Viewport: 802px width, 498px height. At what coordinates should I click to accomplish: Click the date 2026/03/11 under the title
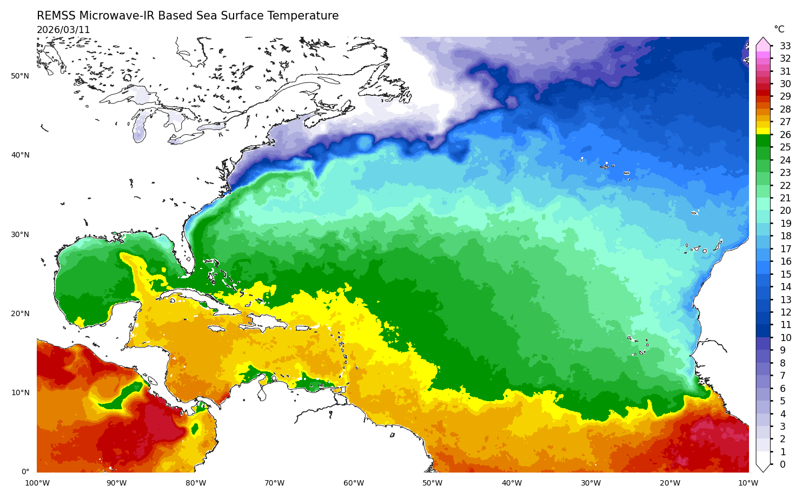(x=63, y=30)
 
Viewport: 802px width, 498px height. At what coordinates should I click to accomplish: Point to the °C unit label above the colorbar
(x=779, y=29)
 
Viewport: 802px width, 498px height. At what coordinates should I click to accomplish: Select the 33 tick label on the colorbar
(x=785, y=46)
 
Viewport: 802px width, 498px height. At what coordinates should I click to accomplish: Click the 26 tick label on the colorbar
(x=785, y=135)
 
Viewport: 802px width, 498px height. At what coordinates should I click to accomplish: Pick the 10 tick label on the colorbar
(x=785, y=338)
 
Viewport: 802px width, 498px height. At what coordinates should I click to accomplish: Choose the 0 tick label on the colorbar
(x=782, y=464)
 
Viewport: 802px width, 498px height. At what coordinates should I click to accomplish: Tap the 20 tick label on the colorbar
(x=785, y=211)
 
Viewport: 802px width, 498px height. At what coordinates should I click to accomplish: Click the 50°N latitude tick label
(x=20, y=76)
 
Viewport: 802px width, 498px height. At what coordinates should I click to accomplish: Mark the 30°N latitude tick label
(x=20, y=234)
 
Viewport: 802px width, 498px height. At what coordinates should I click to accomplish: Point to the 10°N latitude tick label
(x=20, y=392)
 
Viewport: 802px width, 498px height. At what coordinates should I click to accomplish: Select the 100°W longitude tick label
(x=37, y=483)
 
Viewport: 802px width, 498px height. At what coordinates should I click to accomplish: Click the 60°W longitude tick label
(x=354, y=483)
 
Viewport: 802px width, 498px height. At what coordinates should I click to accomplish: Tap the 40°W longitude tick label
(x=512, y=483)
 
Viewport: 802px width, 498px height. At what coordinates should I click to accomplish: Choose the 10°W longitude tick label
(x=748, y=483)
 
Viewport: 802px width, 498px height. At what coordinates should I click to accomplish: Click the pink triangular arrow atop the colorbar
(x=763, y=42)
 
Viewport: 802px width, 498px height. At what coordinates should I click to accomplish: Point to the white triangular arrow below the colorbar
(x=763, y=468)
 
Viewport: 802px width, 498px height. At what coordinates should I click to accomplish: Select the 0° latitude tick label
(x=25, y=471)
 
